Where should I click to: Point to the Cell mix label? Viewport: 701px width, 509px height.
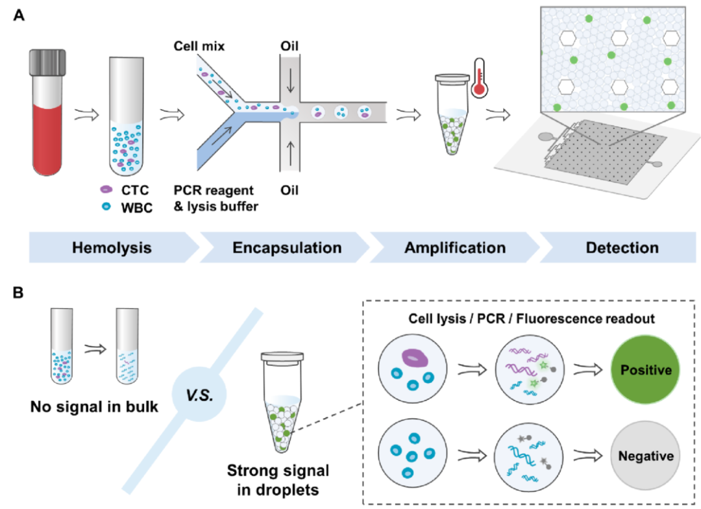pos(199,47)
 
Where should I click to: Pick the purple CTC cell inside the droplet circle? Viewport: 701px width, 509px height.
pos(413,358)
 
